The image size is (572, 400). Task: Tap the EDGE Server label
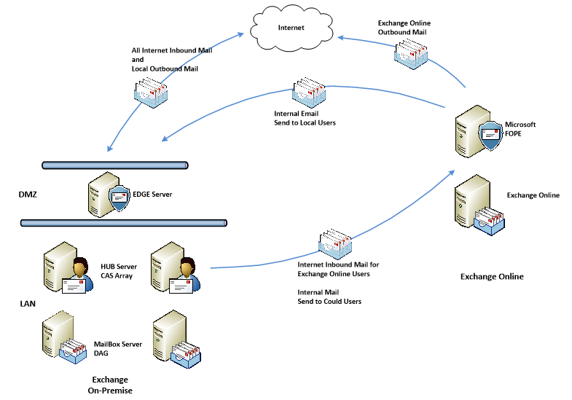pos(152,195)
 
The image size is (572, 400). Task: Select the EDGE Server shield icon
pos(119,197)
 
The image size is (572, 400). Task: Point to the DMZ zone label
pos(28,195)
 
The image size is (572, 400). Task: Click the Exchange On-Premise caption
pos(110,385)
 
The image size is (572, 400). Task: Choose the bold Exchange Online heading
pos(492,277)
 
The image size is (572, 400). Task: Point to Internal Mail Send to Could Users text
pos(329,296)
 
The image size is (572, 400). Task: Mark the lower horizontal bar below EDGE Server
pos(124,222)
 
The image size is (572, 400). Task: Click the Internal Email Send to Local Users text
pos(305,118)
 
